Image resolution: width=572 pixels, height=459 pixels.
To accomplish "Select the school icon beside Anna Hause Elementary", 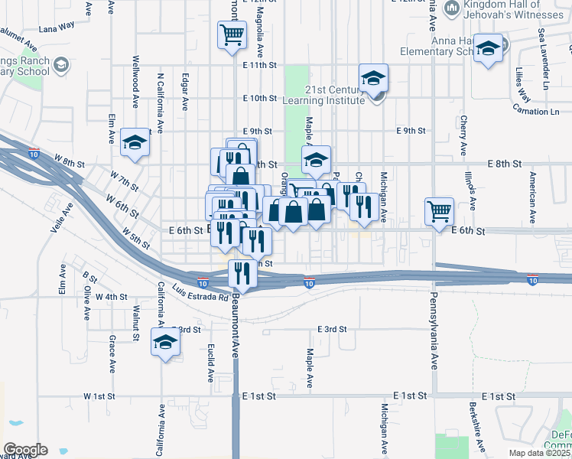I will (488, 50).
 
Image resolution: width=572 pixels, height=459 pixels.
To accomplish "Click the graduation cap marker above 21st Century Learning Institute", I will (373, 78).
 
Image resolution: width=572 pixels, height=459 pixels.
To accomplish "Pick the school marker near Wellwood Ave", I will (135, 143).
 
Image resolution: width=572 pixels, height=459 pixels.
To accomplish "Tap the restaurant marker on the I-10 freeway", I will (242, 273).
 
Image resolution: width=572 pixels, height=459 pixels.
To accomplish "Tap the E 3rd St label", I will (333, 329).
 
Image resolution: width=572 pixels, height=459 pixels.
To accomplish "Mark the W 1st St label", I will (99, 397).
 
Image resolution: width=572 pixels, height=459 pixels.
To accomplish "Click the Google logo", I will (25, 450).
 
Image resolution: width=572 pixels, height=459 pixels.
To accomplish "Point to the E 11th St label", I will (258, 65).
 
